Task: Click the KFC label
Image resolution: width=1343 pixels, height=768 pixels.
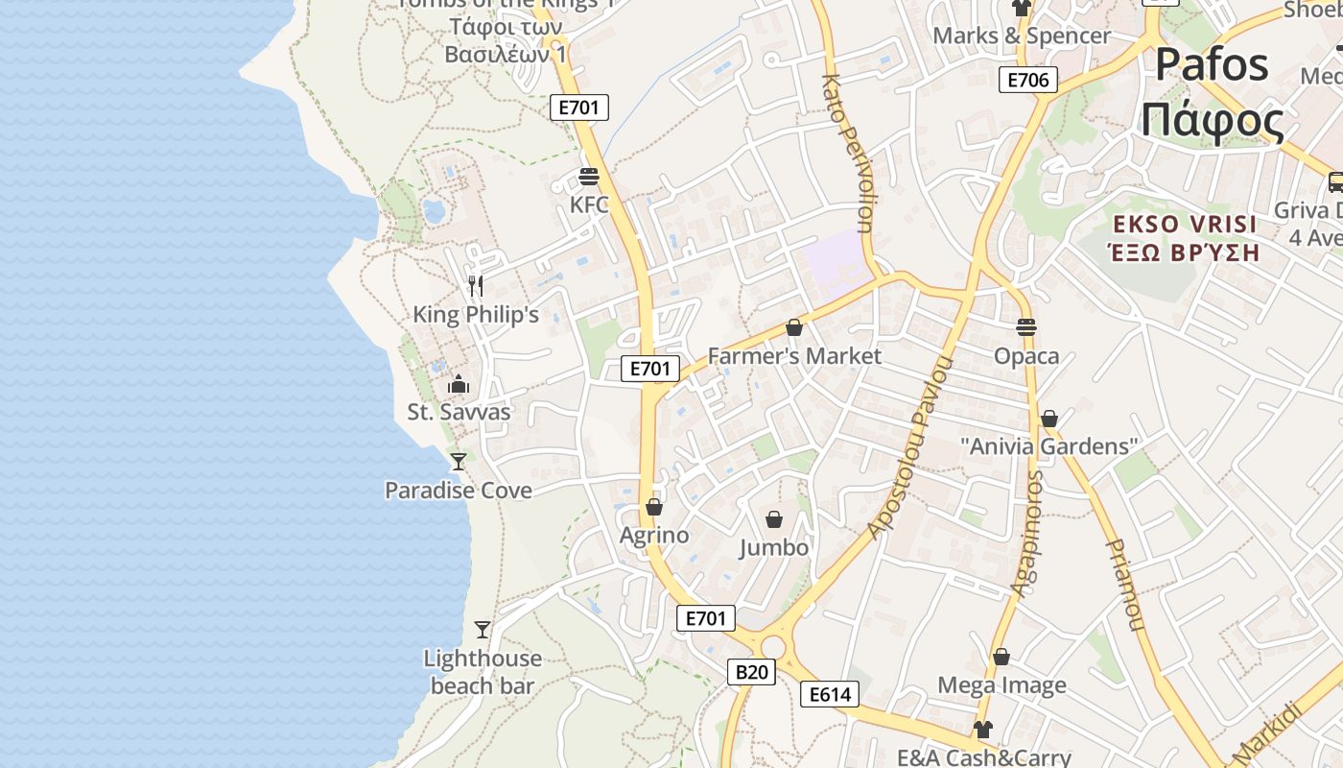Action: click(589, 204)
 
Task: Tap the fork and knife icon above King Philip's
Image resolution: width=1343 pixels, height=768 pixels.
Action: click(475, 285)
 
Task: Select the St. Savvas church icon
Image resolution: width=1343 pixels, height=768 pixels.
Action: click(459, 384)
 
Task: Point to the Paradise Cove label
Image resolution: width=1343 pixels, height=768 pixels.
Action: click(459, 491)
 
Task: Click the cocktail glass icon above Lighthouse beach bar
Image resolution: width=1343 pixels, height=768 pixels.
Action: click(483, 630)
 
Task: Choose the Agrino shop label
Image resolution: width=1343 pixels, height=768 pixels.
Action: click(654, 535)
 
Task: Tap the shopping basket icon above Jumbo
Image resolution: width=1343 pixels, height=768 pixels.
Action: click(774, 519)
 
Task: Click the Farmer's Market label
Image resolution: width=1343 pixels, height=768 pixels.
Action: click(794, 356)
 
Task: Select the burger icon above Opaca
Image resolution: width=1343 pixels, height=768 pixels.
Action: click(1026, 326)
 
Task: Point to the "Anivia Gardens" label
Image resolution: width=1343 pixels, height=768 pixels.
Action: click(1049, 446)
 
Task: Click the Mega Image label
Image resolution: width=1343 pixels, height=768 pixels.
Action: click(1001, 685)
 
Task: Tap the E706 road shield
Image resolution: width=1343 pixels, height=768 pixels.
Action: click(1027, 80)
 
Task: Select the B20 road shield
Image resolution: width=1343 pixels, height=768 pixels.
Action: click(750, 672)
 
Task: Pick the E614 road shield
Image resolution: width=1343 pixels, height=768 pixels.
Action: click(830, 694)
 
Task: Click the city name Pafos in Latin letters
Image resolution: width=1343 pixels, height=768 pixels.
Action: click(1212, 65)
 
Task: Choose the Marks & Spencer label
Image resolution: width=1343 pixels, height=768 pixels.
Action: click(1022, 36)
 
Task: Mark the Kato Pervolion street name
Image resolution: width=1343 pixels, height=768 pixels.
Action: click(846, 154)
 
